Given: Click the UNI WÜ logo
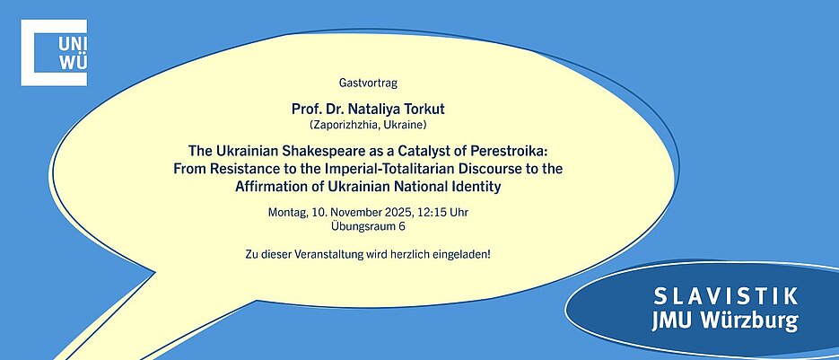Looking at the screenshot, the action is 54,52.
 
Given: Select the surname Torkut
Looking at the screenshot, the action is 424,109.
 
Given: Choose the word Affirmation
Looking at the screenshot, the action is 267,187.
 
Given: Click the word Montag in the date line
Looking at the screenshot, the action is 287,212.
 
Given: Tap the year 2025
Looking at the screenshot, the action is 400,212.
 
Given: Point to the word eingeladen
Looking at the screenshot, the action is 465,253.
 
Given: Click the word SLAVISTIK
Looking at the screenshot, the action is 726,295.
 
